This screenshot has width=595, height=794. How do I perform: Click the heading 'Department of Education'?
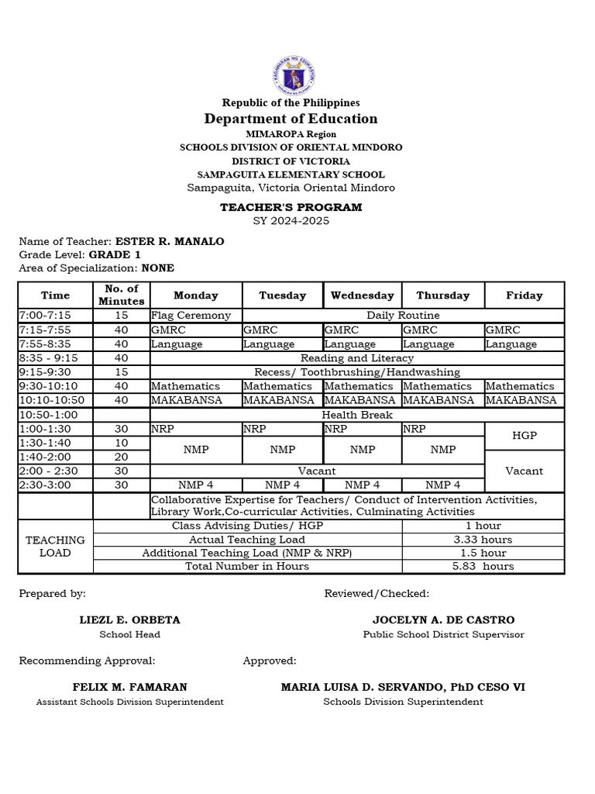click(291, 119)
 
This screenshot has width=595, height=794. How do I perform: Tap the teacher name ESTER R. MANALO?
click(169, 241)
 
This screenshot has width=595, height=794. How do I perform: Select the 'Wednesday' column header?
click(362, 295)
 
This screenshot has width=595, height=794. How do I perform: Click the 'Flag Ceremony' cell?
click(191, 316)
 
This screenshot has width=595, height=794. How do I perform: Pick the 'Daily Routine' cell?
click(403, 316)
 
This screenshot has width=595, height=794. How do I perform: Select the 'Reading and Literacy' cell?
click(357, 358)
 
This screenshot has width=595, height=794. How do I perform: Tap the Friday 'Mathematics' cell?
click(520, 386)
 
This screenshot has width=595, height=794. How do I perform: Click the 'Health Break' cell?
click(357, 415)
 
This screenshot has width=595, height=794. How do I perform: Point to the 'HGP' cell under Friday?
click(524, 436)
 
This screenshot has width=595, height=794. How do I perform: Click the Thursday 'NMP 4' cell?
click(442, 485)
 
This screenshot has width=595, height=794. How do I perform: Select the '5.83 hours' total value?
click(482, 566)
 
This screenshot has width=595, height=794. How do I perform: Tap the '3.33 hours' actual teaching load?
click(482, 540)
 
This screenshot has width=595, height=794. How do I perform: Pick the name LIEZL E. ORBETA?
click(129, 620)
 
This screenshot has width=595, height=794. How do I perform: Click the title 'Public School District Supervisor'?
click(443, 634)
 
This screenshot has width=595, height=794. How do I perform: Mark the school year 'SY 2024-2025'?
click(291, 221)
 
